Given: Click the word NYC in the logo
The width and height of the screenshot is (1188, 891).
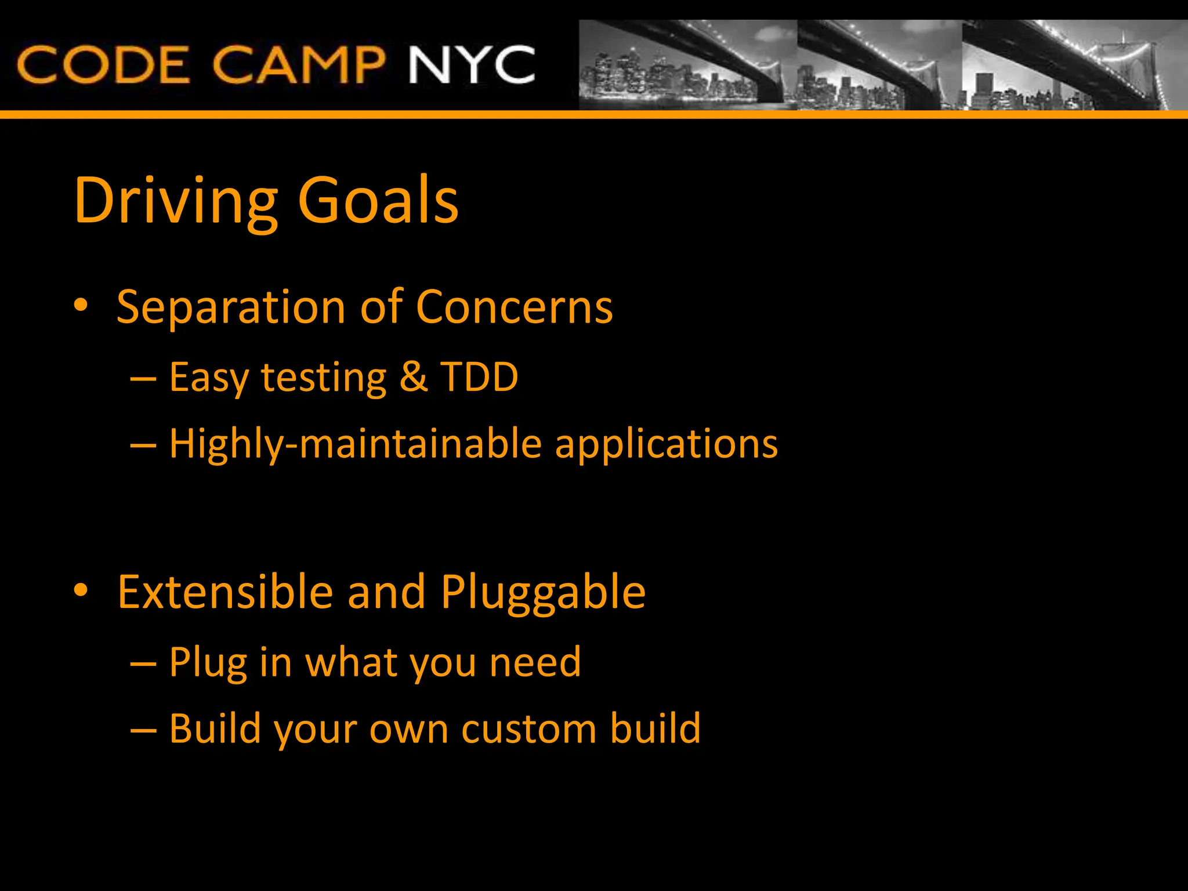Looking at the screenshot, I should (471, 64).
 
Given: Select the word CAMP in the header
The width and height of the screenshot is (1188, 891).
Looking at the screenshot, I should (298, 64).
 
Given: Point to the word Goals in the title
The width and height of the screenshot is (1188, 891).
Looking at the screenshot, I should (378, 200).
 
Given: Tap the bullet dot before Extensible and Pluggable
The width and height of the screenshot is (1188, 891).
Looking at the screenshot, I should (81, 590).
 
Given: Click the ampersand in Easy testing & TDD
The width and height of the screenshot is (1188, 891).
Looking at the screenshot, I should (413, 377).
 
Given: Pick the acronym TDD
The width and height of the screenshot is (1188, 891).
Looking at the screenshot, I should (479, 377).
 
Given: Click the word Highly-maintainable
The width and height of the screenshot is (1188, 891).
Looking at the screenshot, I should (356, 444).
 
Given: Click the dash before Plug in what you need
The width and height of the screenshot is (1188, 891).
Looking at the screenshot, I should (143, 662).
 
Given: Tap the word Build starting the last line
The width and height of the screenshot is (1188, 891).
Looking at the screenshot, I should (215, 729).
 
